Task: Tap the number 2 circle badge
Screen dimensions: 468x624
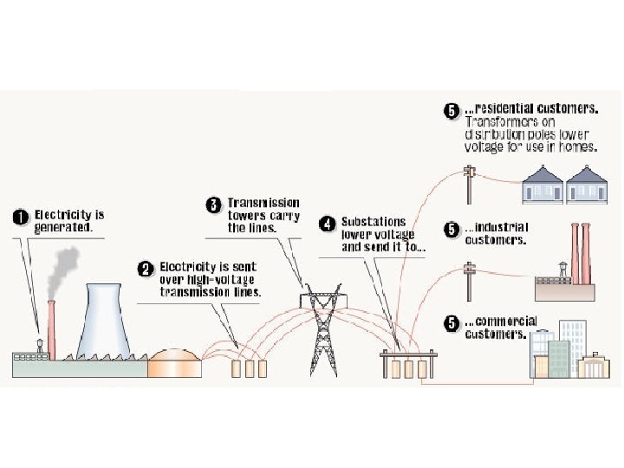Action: [146, 267]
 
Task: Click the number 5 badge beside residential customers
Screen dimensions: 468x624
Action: [451, 111]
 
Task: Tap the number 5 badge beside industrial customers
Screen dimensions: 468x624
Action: [451, 229]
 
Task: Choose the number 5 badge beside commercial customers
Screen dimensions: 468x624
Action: [451, 323]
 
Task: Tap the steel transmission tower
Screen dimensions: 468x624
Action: [322, 334]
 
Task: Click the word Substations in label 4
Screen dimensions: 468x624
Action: [370, 222]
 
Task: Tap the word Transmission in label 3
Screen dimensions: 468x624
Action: [263, 204]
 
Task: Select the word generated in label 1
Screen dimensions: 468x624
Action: [62, 228]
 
